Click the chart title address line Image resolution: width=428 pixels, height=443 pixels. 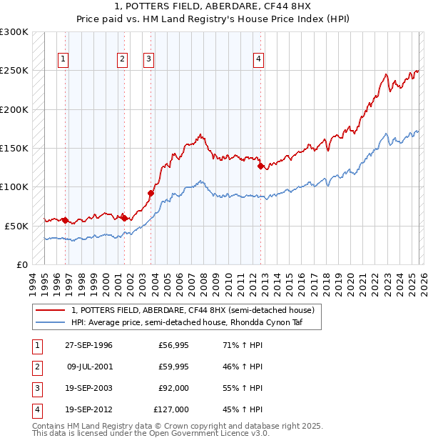(x=213, y=8)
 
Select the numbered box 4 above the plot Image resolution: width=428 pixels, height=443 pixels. (x=258, y=59)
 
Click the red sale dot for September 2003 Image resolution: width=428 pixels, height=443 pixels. (x=151, y=193)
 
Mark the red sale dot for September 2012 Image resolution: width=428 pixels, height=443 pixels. (x=260, y=166)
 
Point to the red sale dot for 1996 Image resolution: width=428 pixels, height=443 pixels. (x=65, y=220)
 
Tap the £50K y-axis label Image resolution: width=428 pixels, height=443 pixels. (x=16, y=226)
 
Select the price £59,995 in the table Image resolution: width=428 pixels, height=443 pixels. (x=172, y=367)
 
